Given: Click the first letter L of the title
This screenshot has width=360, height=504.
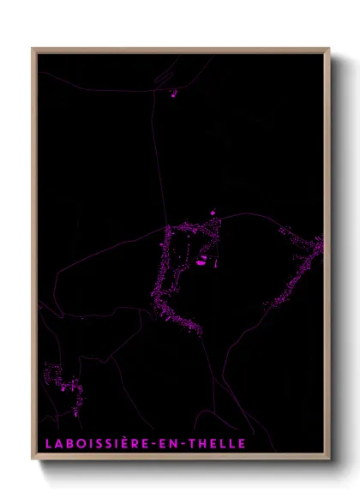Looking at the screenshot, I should coord(46,443).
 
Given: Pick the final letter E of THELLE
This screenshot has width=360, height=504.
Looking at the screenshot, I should coord(242,443).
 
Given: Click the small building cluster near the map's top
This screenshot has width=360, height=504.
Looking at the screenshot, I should coord(173,93).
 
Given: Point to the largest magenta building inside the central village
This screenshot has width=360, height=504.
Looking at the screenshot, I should coord(201,263).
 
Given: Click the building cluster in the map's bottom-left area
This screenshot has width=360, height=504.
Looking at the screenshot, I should coord(62,381).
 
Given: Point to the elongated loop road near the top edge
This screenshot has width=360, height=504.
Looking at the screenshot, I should coord(163,77).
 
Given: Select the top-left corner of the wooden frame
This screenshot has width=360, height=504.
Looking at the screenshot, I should coord(33,49).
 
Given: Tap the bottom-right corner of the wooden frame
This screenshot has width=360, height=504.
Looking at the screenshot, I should coord(328,459).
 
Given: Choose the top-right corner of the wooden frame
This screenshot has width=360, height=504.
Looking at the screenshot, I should coord(328,49).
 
